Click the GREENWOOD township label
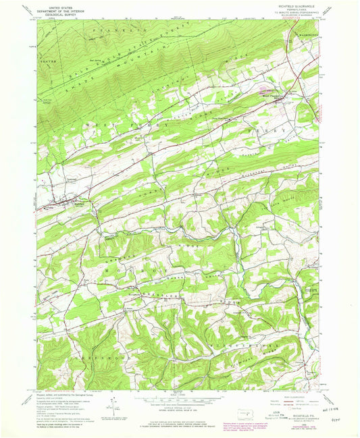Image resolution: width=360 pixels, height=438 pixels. click(84, 351)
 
